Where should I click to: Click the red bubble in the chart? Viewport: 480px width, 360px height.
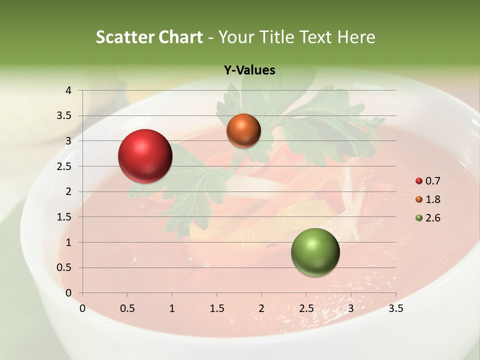(145, 155)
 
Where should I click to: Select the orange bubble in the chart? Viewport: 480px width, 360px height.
(243, 130)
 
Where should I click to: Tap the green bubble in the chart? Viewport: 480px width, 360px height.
(315, 252)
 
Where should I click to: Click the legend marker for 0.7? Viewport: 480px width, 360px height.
(419, 181)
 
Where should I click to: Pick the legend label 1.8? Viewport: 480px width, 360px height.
(432, 199)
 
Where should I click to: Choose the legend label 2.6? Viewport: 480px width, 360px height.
(432, 218)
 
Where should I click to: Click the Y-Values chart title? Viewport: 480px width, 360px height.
(249, 70)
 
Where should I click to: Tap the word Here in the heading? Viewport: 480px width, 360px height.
(356, 37)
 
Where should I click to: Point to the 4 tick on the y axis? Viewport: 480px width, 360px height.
(68, 90)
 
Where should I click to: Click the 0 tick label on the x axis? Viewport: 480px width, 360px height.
(82, 308)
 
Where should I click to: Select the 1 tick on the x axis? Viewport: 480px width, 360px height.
(172, 308)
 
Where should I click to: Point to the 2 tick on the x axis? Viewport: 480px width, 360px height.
(261, 308)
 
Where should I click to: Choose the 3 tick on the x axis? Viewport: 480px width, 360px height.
(351, 308)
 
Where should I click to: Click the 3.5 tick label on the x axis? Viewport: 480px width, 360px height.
(395, 308)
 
